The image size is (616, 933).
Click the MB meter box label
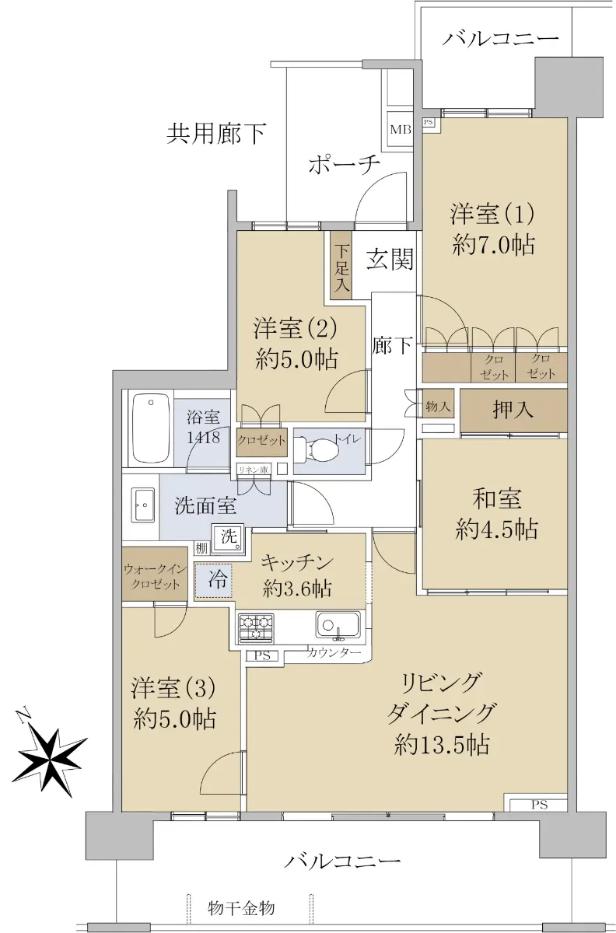401,130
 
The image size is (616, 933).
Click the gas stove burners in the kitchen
256,627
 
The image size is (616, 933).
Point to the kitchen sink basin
338,624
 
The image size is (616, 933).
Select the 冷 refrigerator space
214,581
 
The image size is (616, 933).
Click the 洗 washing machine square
228,537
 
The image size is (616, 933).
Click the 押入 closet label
513,410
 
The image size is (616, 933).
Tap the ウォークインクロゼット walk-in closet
155,574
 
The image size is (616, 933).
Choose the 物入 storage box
438,406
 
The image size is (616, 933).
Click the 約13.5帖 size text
442,744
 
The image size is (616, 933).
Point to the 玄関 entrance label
390,259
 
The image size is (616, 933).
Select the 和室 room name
496,498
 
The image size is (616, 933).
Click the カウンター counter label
334,652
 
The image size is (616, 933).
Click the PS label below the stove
263,656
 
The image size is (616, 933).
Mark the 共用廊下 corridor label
216,133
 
